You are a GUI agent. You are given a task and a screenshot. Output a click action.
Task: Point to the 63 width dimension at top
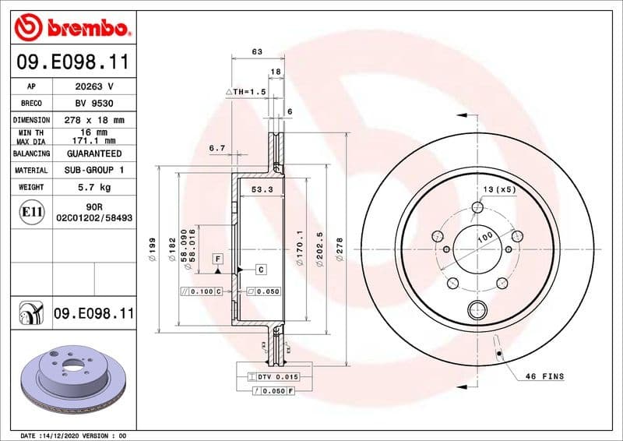pyautogui.click(x=256, y=51)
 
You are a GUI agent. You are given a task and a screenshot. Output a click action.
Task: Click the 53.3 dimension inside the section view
pyautogui.click(x=261, y=189)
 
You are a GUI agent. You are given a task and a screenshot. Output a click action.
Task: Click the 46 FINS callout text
pyautogui.click(x=544, y=376)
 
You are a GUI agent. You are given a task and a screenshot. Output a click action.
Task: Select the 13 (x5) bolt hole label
pyautogui.click(x=498, y=190)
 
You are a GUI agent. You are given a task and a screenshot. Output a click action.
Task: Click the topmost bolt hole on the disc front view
pyautogui.click(x=477, y=207)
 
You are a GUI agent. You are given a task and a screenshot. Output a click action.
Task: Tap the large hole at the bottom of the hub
pyautogui.click(x=477, y=311)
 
